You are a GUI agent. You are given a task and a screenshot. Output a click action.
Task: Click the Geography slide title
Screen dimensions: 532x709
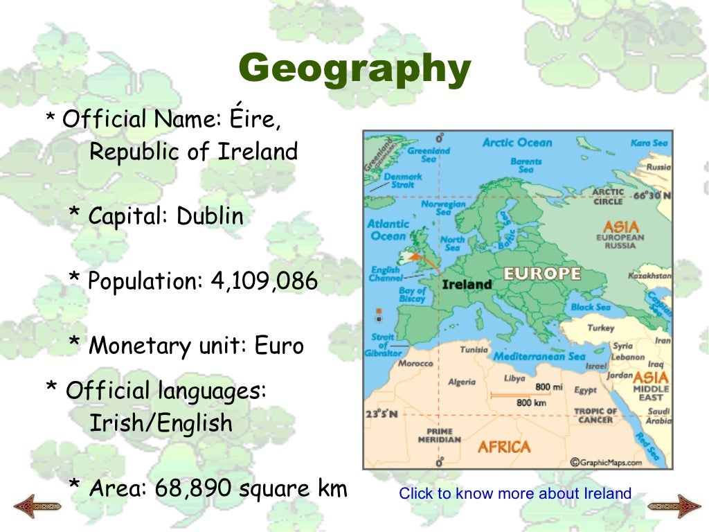coord(354,70)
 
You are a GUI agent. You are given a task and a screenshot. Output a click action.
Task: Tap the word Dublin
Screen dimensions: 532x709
coord(210,216)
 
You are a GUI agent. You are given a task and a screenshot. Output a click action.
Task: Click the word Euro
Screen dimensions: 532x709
coord(279,345)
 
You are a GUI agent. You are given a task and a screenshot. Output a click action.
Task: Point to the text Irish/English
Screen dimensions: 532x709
coord(161,423)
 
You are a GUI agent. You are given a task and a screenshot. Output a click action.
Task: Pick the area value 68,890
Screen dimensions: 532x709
coord(193,488)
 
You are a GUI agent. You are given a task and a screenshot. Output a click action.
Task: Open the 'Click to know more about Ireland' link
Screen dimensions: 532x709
coord(515,494)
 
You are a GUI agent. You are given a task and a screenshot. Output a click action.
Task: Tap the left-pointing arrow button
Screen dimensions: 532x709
coord(37,505)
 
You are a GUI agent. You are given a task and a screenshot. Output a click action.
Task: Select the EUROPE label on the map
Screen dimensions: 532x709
coord(541,274)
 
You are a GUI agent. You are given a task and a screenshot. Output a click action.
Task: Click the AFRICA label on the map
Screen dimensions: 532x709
coord(504,447)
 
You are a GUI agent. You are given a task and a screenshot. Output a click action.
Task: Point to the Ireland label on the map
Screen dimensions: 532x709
coord(467,284)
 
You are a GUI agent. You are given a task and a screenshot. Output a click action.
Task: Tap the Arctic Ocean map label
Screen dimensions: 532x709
coord(517,143)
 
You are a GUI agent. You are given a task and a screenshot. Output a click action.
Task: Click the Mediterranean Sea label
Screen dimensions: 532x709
coord(539,357)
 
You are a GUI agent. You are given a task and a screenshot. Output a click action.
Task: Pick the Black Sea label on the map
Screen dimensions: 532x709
coord(590,307)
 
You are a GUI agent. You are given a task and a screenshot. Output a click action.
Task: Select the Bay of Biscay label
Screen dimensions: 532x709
coord(412,294)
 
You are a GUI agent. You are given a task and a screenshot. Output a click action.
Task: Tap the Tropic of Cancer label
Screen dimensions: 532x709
coord(595,416)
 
